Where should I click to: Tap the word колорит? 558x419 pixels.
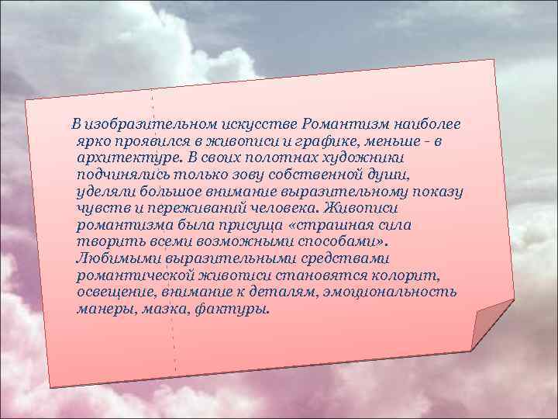(x=412, y=275)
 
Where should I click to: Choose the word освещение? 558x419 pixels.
(x=118, y=293)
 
